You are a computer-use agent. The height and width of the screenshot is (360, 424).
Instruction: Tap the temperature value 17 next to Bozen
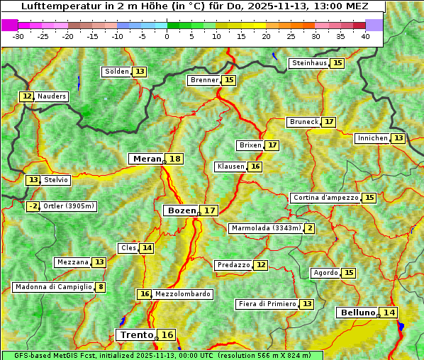pos(209,210)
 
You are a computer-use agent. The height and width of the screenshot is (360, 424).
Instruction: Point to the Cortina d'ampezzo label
pos(325,198)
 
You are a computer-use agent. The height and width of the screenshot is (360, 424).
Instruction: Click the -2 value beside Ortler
pos(33,206)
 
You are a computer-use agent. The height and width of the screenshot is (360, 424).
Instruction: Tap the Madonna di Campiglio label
pos(53,287)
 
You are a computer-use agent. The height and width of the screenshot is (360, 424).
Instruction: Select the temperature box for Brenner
pos(228,80)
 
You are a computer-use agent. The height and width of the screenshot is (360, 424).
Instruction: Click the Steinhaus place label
pos(310,63)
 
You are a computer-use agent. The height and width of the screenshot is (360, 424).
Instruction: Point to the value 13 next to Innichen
pos(398,138)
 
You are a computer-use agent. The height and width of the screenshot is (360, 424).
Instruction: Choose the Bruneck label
pos(304,122)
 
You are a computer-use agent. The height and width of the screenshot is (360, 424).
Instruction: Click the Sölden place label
pos(117,72)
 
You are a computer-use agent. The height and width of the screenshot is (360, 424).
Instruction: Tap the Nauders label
pos(52,96)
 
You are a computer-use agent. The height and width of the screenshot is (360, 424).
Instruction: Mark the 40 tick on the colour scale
pos(365,35)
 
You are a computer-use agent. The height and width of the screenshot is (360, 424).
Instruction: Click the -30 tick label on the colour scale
pos(18,35)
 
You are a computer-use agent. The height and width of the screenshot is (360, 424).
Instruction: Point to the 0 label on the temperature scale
pos(167,35)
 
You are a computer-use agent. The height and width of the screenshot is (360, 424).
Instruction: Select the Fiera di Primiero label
pos(267,304)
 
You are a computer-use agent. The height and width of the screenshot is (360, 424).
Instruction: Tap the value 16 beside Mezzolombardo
pos(144,294)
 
